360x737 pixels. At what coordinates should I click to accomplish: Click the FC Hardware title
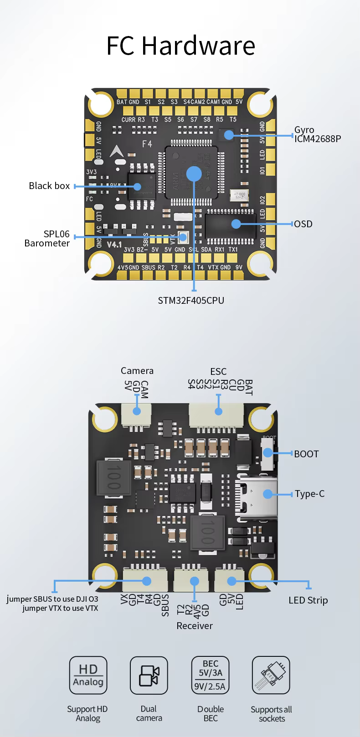coord(180,45)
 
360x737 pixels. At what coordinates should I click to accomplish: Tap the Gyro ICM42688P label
coord(317,134)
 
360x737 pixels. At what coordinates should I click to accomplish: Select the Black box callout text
coord(49,186)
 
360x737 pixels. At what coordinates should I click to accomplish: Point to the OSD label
coord(303,224)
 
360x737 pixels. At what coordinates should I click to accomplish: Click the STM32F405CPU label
coord(191,301)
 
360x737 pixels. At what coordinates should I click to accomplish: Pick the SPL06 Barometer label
coord(47,239)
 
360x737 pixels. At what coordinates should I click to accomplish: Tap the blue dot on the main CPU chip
coord(194,174)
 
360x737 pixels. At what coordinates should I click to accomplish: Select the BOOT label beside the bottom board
coord(306,454)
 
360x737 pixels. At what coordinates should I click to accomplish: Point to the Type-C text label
coord(309,494)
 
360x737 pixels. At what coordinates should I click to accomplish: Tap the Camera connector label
coord(137,371)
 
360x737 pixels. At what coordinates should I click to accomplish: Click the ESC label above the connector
coord(218,372)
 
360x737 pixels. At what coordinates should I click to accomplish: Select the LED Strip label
coord(308,600)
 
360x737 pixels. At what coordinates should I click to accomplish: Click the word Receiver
coord(195,626)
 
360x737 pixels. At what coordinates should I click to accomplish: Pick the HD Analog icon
coord(88,675)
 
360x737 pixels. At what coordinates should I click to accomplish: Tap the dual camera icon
coord(149,675)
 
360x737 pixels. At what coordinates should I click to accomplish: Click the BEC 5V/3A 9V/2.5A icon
coord(210,675)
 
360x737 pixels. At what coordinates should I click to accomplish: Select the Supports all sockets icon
coord(271,675)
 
